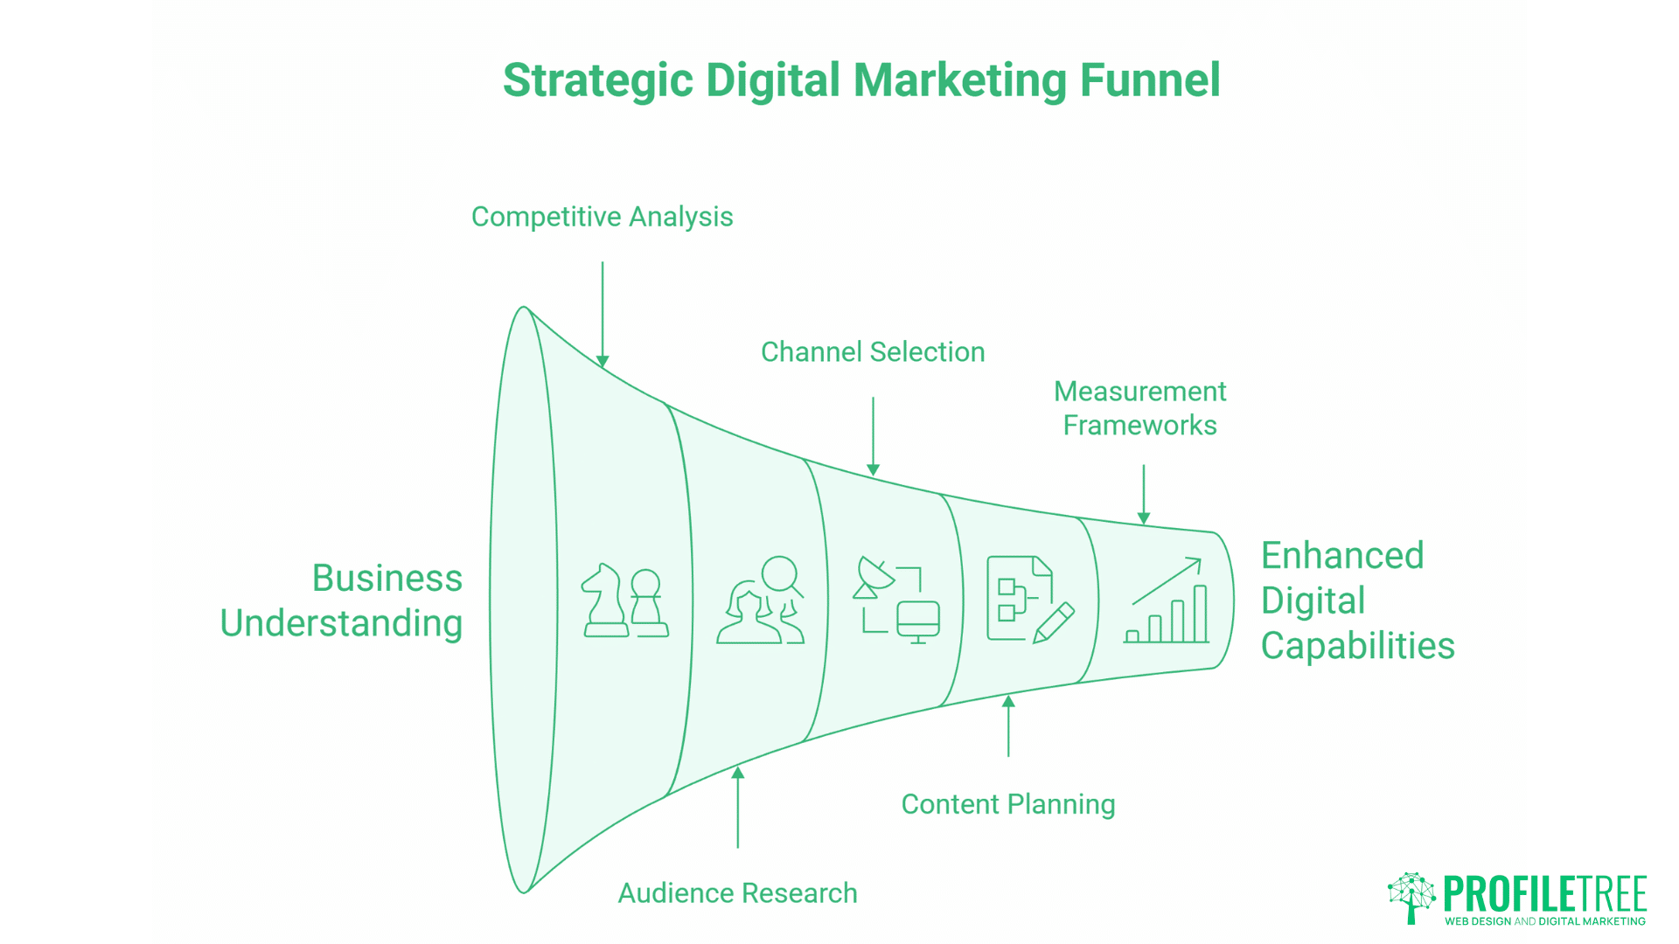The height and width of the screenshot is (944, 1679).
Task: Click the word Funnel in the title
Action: (1149, 80)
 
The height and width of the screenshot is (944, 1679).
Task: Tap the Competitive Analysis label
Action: (602, 217)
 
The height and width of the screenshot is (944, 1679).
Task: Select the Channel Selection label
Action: (873, 352)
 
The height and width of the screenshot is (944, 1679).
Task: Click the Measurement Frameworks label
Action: (1139, 408)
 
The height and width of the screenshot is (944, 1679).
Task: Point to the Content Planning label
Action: (1007, 804)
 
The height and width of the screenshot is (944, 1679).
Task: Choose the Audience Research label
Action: (737, 893)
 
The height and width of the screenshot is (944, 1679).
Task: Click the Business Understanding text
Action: (342, 600)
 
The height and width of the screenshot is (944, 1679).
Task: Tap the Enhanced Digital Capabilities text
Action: (1356, 600)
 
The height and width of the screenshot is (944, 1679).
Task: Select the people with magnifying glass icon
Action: (760, 600)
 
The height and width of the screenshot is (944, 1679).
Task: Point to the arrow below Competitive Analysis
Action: (603, 315)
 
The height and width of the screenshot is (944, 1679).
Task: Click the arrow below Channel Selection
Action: (873, 436)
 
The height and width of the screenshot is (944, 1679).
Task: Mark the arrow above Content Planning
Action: (1008, 725)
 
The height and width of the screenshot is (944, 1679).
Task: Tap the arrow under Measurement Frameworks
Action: (1144, 495)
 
